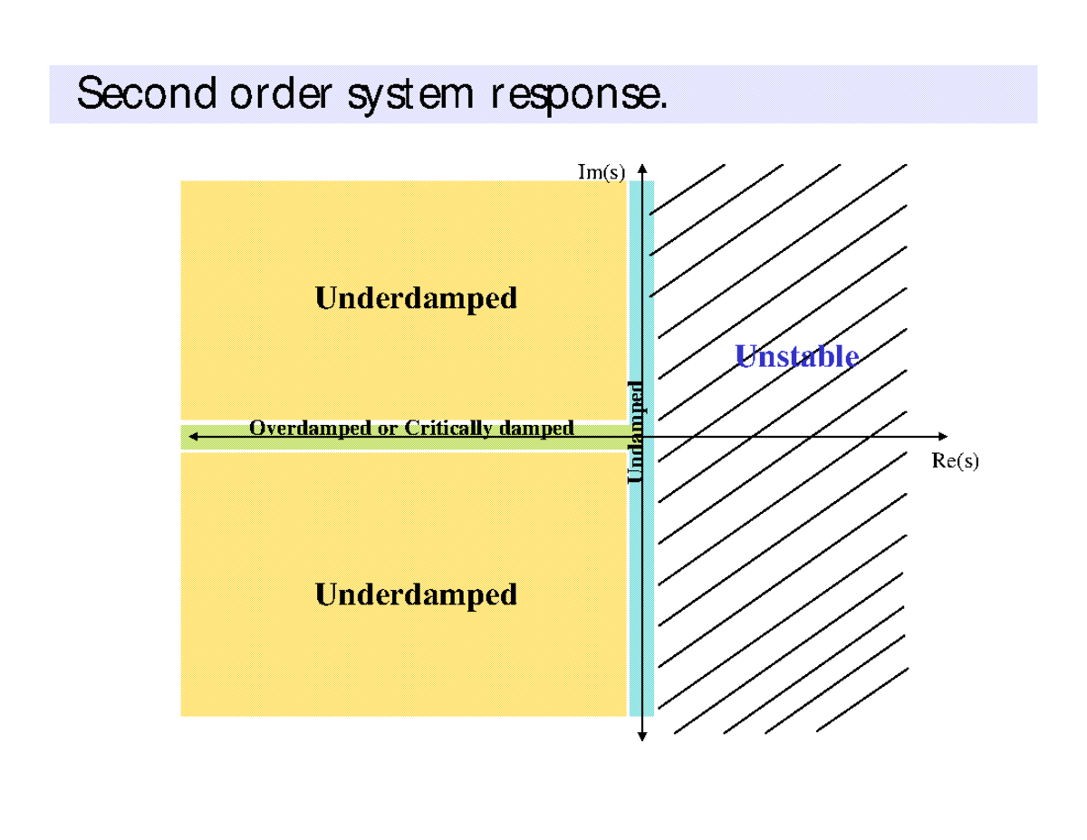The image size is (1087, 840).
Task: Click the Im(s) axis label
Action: (601, 172)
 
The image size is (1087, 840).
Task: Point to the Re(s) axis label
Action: (955, 461)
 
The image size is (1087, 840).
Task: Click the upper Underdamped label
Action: (416, 298)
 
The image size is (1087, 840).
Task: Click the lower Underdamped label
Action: (416, 594)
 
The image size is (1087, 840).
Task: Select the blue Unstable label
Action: (796, 356)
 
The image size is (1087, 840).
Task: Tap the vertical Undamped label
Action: (637, 431)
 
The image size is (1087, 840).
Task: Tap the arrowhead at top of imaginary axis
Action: (641, 167)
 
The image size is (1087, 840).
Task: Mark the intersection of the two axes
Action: (641, 436)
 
